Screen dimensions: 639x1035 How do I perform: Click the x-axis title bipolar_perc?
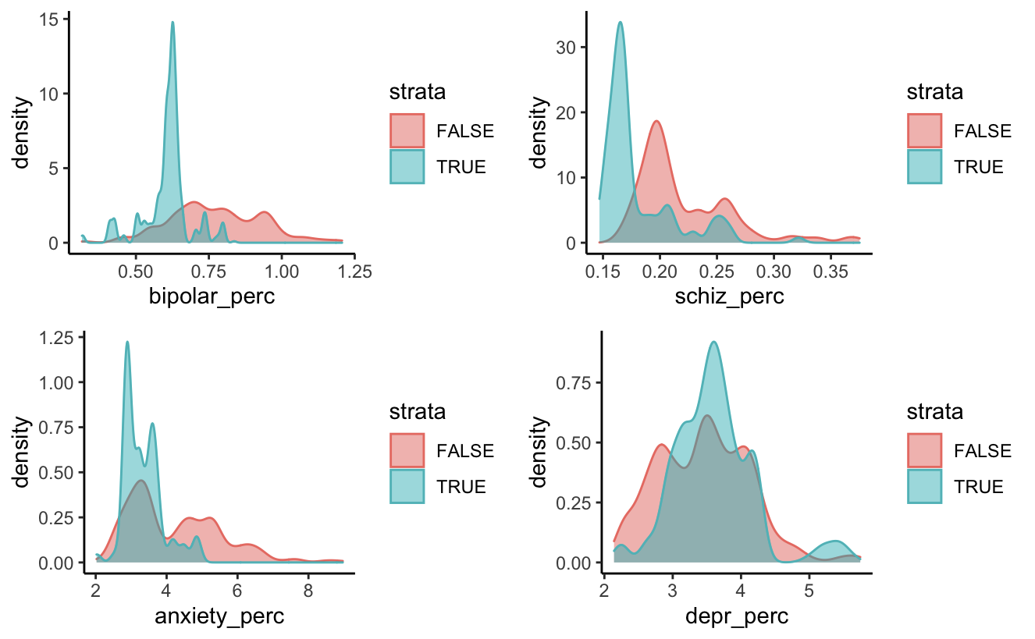pos(211,296)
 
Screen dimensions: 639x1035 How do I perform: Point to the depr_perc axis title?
pos(736,616)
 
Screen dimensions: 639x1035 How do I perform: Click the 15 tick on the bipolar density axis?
pos(49,19)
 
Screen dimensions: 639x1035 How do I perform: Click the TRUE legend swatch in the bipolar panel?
pos(407,166)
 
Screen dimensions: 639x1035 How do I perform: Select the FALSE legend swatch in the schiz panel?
pos(924,130)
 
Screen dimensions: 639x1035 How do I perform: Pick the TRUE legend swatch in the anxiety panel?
pos(407,486)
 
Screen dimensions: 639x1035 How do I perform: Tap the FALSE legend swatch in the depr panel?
pos(924,450)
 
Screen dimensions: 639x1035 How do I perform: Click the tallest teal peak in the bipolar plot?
pos(172,23)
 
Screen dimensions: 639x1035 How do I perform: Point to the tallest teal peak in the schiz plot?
pos(621,23)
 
